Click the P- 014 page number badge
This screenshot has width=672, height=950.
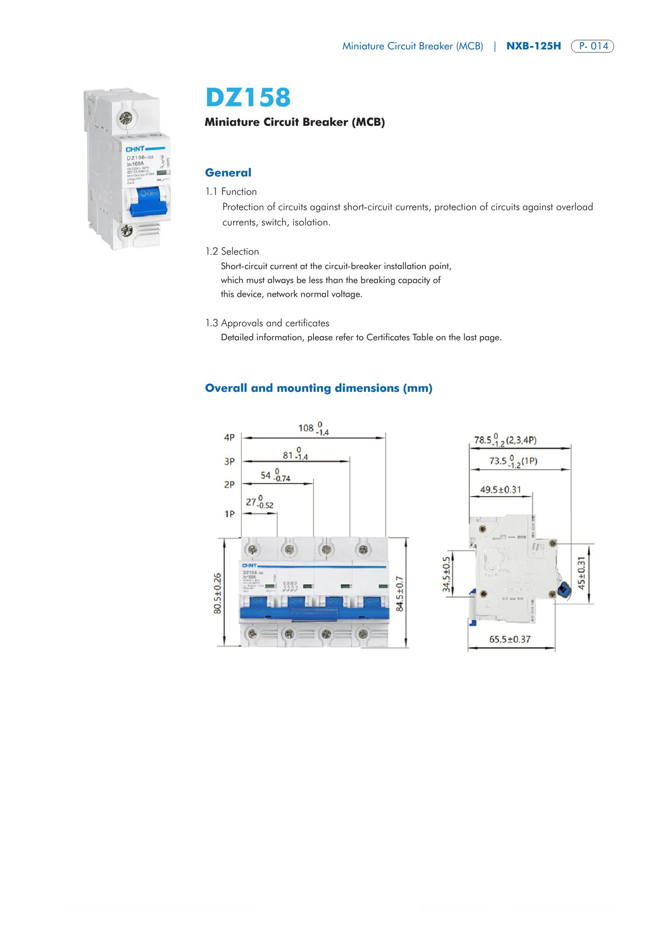pos(592,46)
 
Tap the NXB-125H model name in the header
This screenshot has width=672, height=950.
pos(533,46)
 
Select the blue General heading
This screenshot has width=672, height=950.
pos(228,173)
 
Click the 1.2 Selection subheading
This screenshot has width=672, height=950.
pos(232,251)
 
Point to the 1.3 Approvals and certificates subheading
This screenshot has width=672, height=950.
pos(267,323)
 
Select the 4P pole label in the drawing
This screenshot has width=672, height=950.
pos(229,437)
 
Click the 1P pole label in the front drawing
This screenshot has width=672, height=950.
pos(229,514)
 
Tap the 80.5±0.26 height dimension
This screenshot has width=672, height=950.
pos(218,593)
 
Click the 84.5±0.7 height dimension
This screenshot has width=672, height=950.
pos(399,593)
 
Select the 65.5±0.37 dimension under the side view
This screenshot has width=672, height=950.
pos(509,639)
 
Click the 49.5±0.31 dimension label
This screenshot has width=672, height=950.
pos(500,490)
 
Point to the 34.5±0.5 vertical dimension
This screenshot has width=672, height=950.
pos(446,574)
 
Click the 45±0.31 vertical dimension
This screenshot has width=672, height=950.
pos(582,573)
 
